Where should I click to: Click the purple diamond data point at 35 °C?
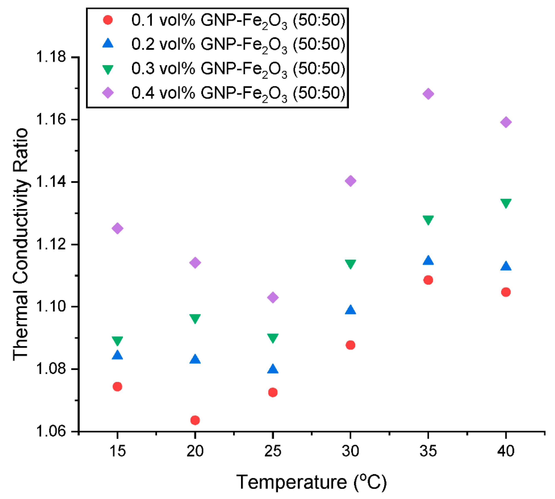point(428,94)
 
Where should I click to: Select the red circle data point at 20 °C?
point(195,420)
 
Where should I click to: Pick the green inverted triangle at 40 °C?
point(506,203)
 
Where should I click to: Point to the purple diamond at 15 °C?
point(117,228)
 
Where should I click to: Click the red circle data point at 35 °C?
point(428,280)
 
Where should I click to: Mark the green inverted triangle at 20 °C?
point(195,319)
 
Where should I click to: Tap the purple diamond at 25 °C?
point(273,297)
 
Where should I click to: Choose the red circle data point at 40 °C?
point(506,292)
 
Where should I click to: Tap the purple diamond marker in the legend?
point(108,93)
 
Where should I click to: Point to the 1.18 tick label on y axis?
point(51,57)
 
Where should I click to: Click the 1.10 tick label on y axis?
point(51,306)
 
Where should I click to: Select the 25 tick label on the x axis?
point(273,451)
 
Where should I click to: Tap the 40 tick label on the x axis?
point(506,451)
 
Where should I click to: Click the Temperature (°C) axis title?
point(311,482)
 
